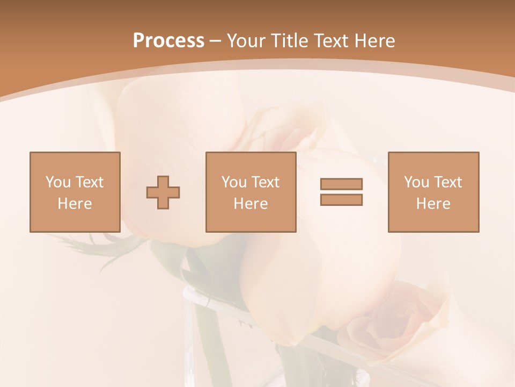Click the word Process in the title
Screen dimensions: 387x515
pyautogui.click(x=168, y=41)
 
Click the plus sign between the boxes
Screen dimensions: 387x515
pyautogui.click(x=163, y=192)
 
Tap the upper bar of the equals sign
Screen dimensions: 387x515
pyautogui.click(x=341, y=184)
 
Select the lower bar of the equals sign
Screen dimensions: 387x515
pyautogui.click(x=341, y=200)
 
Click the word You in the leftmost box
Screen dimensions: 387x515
pyautogui.click(x=58, y=182)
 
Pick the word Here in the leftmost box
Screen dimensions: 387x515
pyautogui.click(x=75, y=204)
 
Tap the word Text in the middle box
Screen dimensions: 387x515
pyautogui.click(x=266, y=182)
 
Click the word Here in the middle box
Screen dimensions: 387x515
pyautogui.click(x=251, y=204)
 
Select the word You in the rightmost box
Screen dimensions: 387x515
pyautogui.click(x=416, y=182)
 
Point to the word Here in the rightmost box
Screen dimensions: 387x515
pyautogui.click(x=433, y=204)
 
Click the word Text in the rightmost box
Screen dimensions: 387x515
pyautogui.click(x=448, y=182)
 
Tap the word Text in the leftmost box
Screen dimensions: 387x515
pyautogui.click(x=90, y=182)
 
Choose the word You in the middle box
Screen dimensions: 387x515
pyautogui.click(x=234, y=182)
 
